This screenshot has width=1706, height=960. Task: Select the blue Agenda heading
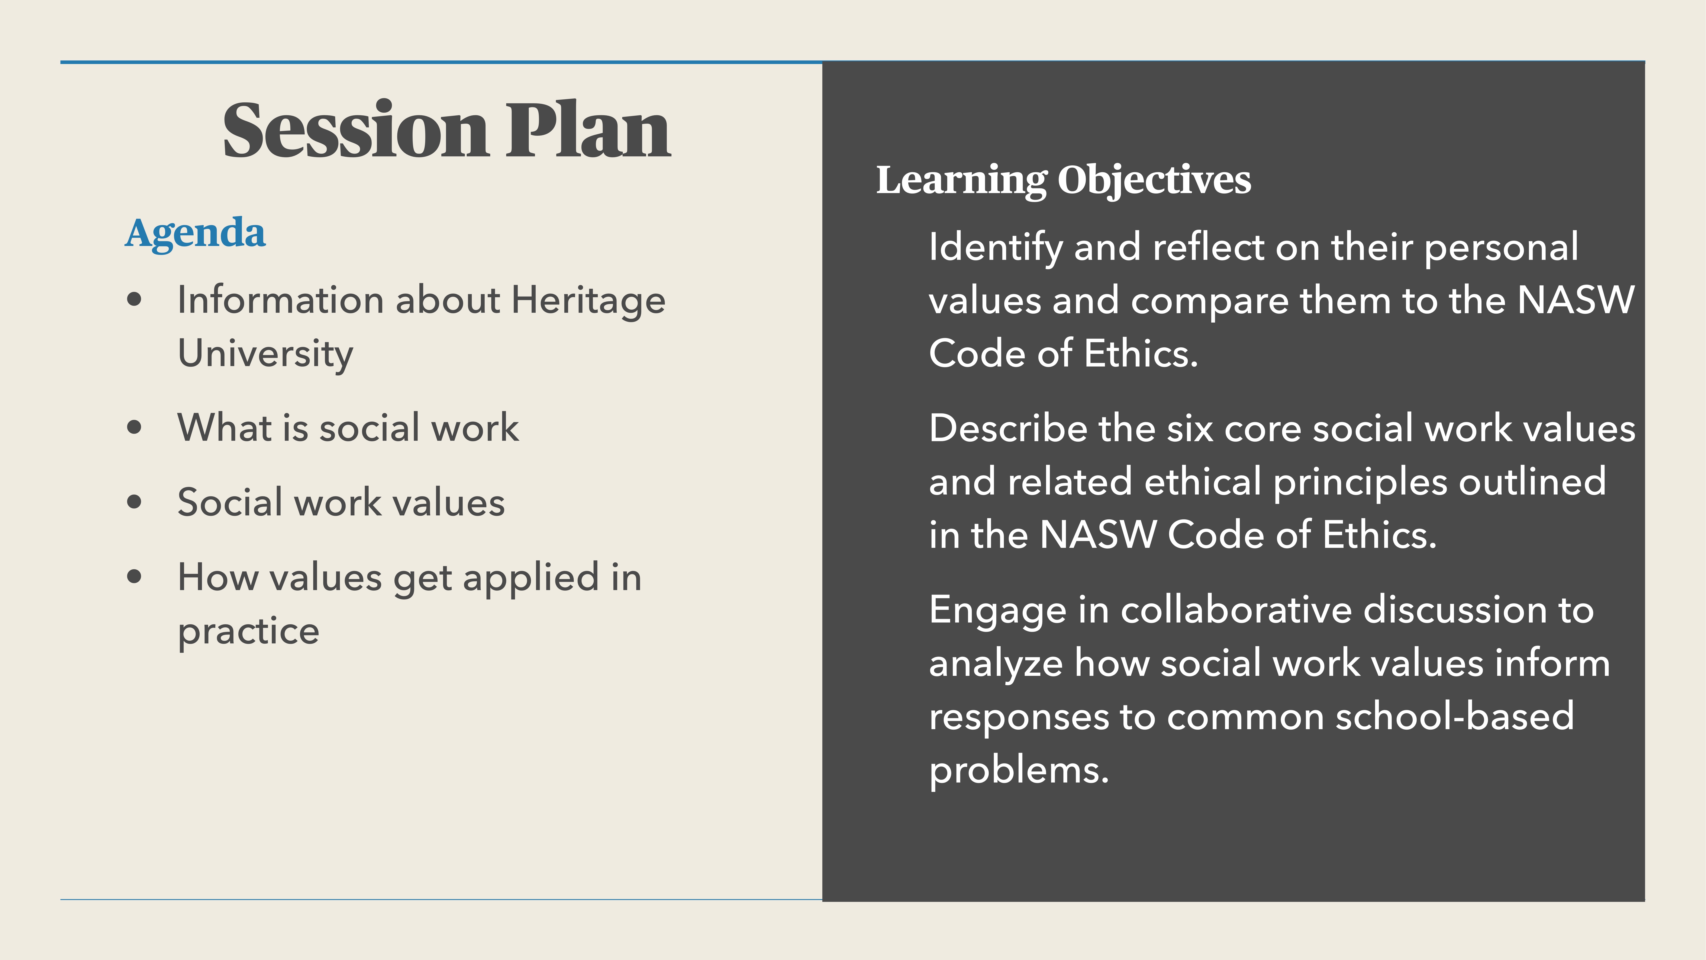click(195, 233)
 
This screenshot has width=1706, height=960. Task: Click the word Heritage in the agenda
click(588, 300)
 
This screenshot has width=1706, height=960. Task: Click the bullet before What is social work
click(135, 427)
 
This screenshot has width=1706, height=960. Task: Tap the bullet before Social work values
click(135, 502)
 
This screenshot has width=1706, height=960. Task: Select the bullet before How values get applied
click(135, 576)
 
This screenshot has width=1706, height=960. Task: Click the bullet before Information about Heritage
click(135, 300)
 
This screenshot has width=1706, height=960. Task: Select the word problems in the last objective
click(1018, 771)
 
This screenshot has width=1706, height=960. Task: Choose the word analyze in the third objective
click(995, 664)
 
